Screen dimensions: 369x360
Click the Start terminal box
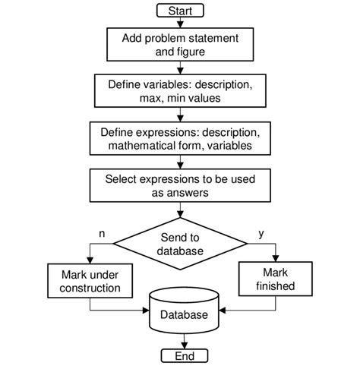(x=179, y=10)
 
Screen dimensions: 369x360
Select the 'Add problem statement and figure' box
(x=179, y=45)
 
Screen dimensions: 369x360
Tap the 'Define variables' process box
(x=179, y=90)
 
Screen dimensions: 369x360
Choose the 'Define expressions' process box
(x=179, y=137)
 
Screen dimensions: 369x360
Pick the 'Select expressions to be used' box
(x=179, y=185)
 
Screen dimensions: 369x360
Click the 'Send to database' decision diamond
(x=179, y=244)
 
